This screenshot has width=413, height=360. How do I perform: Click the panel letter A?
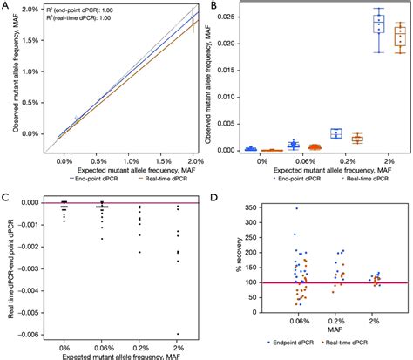coord(7,7)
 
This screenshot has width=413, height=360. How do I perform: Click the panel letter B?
coord(213,7)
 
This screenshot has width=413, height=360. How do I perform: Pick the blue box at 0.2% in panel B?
coord(335,133)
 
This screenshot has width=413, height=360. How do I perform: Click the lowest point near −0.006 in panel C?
coord(178,334)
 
